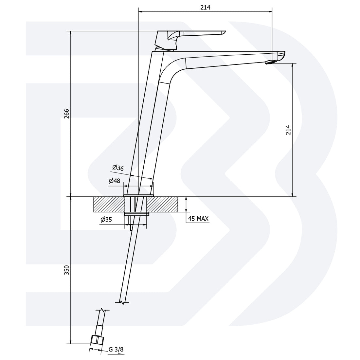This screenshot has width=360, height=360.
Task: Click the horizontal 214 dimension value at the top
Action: (205, 8)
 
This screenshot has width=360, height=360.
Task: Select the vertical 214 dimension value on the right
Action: (288, 130)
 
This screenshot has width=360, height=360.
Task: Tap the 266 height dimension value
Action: (66, 114)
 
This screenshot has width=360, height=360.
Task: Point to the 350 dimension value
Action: (66, 270)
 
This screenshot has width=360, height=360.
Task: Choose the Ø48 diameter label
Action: (115, 181)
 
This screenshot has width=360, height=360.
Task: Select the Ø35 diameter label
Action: (106, 220)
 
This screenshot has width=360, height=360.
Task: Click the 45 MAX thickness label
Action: (198, 219)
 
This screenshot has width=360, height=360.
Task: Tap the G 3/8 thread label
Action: (116, 350)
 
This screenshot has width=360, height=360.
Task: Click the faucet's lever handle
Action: (193, 33)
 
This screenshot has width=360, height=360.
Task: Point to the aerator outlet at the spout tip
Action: (270, 62)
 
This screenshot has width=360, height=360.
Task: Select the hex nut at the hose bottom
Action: (97, 339)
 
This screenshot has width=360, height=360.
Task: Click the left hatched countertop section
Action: (109, 204)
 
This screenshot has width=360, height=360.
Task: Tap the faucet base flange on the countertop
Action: (138, 195)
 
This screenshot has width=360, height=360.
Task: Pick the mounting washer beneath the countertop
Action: (136, 214)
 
